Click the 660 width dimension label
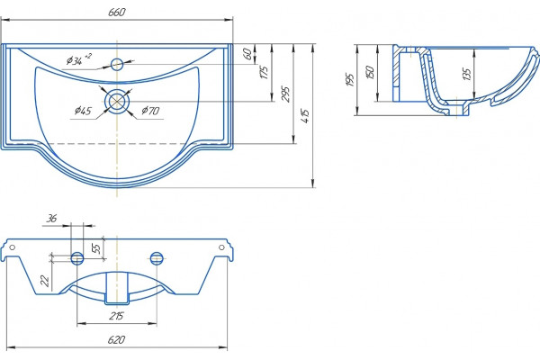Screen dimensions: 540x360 [117, 12]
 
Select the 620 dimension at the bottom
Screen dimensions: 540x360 [116, 339]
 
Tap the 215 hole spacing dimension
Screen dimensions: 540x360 [116, 316]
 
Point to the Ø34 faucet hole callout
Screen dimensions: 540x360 [79, 59]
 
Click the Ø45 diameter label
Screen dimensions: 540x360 [83, 111]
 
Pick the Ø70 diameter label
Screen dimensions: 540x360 [150, 111]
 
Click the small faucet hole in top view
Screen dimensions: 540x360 [117, 64]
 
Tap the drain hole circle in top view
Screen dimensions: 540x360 [117, 101]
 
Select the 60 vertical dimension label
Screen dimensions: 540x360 [247, 53]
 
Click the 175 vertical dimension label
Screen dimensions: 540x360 [264, 72]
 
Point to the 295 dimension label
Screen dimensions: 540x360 [285, 94]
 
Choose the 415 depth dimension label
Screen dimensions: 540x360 [305, 116]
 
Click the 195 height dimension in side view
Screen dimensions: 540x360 [350, 79]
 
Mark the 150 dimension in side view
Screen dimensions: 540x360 [370, 72]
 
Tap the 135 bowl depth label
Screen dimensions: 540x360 [466, 74]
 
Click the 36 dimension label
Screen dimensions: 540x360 [51, 218]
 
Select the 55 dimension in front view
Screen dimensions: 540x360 [97, 248]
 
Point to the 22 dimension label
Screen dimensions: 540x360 [45, 281]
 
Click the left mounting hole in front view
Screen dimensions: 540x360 [76, 257]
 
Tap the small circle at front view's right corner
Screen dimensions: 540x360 [221, 247]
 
